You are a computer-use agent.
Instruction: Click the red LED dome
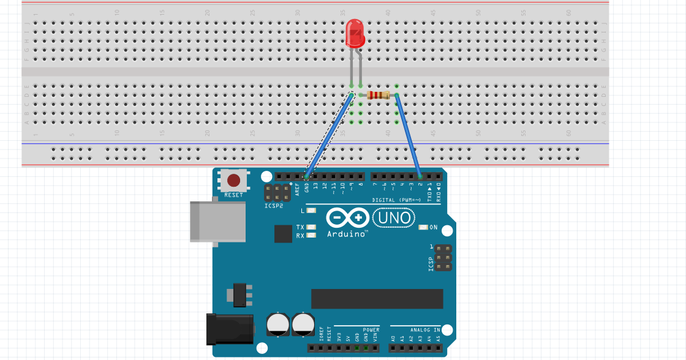[x=355, y=33]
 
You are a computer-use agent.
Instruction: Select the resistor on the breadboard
[x=378, y=95]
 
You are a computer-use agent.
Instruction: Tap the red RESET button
[x=233, y=180]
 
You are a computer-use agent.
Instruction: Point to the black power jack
[x=230, y=328]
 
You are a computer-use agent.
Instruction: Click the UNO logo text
[x=394, y=217]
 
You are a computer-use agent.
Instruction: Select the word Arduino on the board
[x=347, y=234]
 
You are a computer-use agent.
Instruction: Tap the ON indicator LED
[x=423, y=228]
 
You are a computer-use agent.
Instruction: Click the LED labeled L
[x=311, y=211]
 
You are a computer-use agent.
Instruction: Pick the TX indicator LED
[x=311, y=227]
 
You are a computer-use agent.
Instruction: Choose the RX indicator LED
[x=311, y=235]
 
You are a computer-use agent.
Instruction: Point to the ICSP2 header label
[x=274, y=206]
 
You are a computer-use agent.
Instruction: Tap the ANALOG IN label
[x=425, y=330]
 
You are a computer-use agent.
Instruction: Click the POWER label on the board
[x=371, y=330]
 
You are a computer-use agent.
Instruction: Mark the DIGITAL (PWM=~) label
[x=396, y=200]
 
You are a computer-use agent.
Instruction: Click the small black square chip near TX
[x=283, y=233]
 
